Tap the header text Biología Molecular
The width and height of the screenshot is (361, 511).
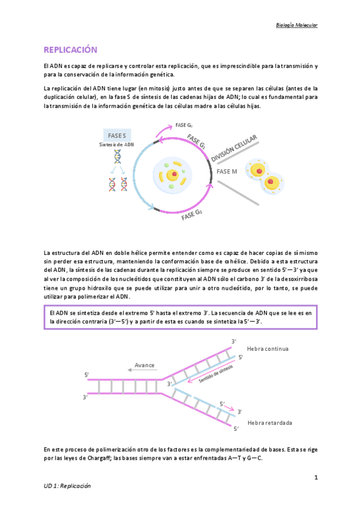point(296,25)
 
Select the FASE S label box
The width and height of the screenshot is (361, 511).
point(117,136)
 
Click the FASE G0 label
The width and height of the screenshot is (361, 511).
point(184,125)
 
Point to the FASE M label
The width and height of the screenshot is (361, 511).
point(227,171)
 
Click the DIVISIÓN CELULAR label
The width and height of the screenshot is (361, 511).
point(234,149)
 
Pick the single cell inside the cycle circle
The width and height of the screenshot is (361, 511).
point(172,175)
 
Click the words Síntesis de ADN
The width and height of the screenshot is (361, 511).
point(116,145)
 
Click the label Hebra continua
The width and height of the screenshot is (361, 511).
point(268,348)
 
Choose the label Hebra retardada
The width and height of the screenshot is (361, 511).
point(269,422)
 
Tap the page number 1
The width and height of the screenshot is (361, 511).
point(315,477)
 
